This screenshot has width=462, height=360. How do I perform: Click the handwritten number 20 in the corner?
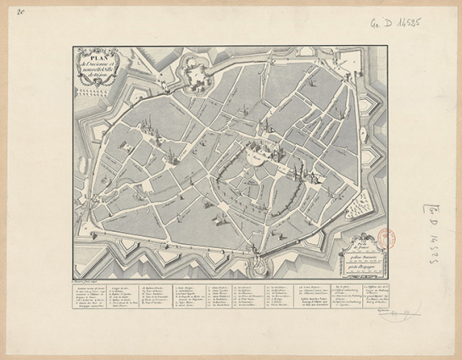click(19, 12)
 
